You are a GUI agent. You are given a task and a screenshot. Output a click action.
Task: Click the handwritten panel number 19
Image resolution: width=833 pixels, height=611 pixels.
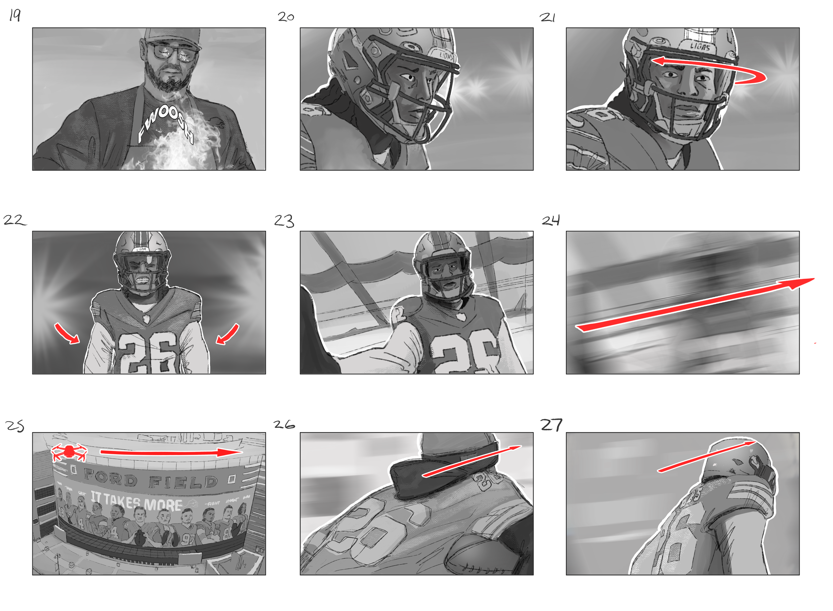pos(15,15)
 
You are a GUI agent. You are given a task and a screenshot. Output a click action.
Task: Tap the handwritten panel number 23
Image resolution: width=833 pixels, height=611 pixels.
pos(284,221)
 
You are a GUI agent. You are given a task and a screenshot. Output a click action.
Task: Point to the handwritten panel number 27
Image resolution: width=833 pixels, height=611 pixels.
pos(551,425)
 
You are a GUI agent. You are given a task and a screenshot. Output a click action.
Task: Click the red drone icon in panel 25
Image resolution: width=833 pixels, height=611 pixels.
pos(69,452)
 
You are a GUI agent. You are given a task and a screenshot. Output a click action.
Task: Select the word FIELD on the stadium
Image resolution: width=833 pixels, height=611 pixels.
pos(183,481)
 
